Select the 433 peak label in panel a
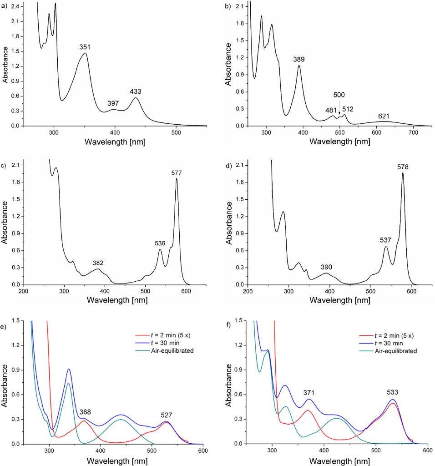click(x=136, y=91)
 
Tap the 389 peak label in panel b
click(x=299, y=59)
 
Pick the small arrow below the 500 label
click(x=339, y=106)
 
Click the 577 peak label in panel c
click(x=176, y=172)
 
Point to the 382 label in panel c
click(x=98, y=263)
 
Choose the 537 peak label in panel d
click(x=385, y=240)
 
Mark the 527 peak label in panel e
click(x=167, y=415)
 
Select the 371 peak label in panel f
click(x=309, y=393)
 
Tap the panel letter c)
click(x=5, y=166)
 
